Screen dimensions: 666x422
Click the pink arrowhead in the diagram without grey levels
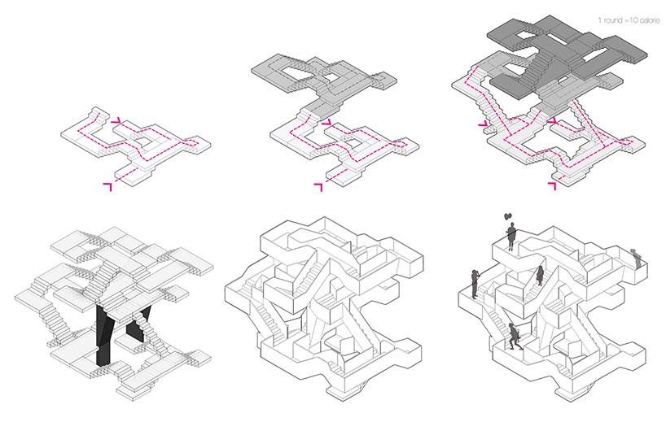pyautogui.click(x=116, y=121)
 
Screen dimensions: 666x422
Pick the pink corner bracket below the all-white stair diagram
pyautogui.click(x=107, y=187)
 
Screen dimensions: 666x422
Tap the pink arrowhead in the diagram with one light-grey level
pyautogui.click(x=326, y=122)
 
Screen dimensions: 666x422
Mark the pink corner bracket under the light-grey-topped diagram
pyautogui.click(x=318, y=187)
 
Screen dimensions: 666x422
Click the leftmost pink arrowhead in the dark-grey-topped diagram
pyautogui.click(x=483, y=124)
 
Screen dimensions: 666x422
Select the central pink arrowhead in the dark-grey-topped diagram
pyautogui.click(x=552, y=122)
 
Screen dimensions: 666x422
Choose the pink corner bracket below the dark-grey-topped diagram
pyautogui.click(x=552, y=185)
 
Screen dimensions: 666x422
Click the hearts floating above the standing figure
pyautogui.click(x=507, y=216)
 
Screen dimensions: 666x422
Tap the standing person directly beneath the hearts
pyautogui.click(x=511, y=237)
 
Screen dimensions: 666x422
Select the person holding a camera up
pyautogui.click(x=475, y=283)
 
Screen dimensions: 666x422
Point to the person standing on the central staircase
pyautogui.click(x=541, y=276)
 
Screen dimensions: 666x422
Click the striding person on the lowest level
pyautogui.click(x=515, y=337)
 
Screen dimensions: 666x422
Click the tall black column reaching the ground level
pyautogui.click(x=103, y=336)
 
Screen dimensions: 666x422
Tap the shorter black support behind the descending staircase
pyautogui.click(x=138, y=324)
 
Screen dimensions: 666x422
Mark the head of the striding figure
pyautogui.click(x=512, y=326)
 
